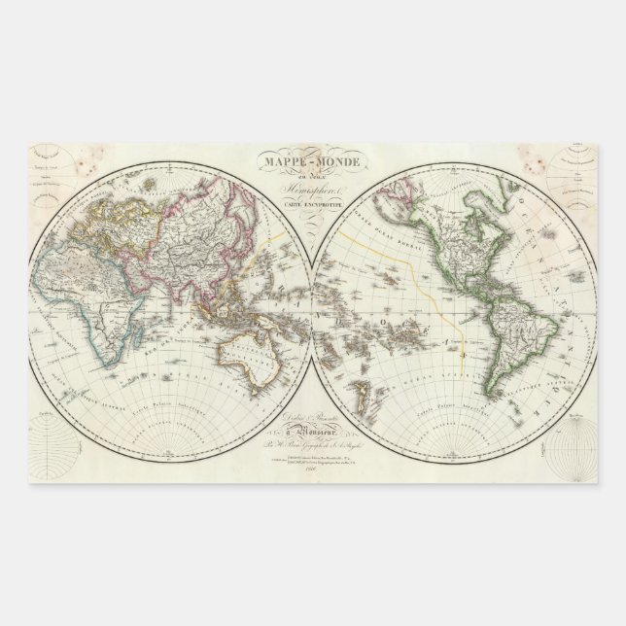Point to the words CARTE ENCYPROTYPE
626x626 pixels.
(x=313, y=208)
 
